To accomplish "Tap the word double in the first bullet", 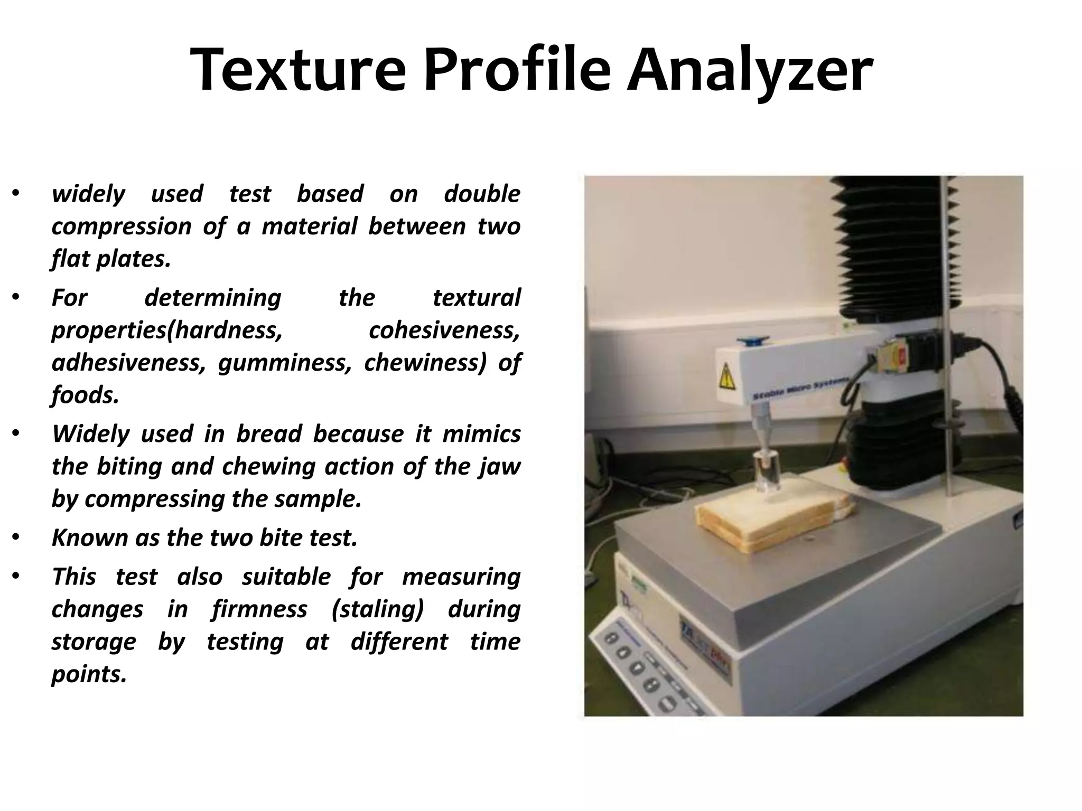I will [x=481, y=194].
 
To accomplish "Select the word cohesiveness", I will [x=444, y=331].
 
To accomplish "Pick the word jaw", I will [x=505, y=467].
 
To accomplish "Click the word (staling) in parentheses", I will [x=377, y=609].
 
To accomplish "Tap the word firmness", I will [x=259, y=609].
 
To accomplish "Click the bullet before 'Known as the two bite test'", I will [x=16, y=538].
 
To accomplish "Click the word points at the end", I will [x=89, y=674].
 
